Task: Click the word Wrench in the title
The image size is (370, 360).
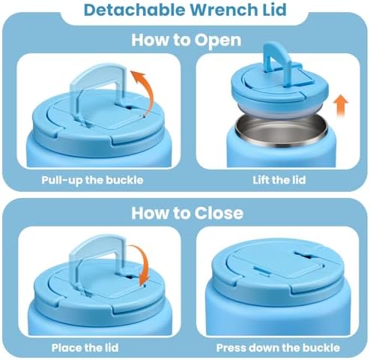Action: [223, 10]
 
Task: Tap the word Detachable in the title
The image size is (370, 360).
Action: [135, 10]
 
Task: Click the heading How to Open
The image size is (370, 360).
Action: [186, 40]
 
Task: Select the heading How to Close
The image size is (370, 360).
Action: [187, 213]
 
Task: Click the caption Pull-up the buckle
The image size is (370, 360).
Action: [92, 180]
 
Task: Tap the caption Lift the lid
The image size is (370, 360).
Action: [279, 180]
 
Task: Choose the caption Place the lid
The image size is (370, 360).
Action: [85, 348]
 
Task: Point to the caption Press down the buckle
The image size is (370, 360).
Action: [278, 348]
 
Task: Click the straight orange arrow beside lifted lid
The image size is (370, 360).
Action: [341, 106]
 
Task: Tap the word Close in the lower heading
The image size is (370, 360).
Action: [219, 213]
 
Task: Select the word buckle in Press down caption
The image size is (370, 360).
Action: [321, 348]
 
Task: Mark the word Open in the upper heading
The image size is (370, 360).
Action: [217, 40]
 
